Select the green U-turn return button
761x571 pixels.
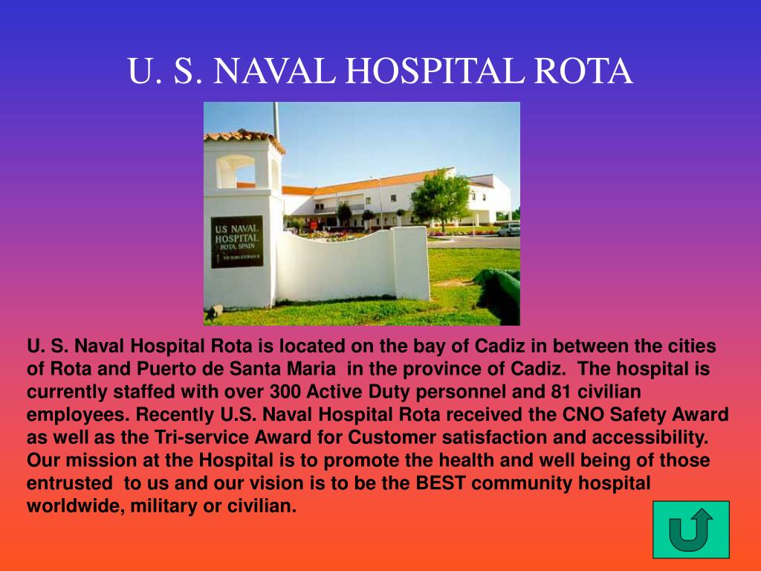coord(690,529)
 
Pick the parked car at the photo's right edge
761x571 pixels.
coord(510,230)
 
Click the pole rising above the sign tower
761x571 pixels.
coord(276,119)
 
